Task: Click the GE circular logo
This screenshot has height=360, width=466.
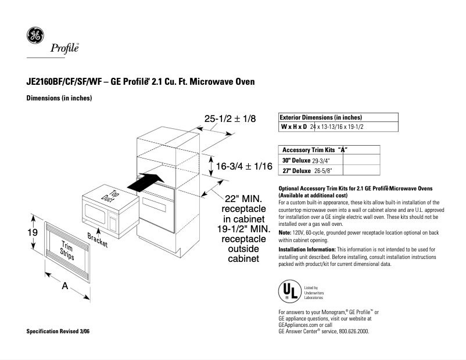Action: coord(34,35)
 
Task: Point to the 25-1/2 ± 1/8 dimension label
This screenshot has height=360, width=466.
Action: coord(230,118)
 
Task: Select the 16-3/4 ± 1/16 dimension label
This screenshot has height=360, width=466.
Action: coord(244,167)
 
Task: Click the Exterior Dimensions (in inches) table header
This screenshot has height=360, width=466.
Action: coord(321,117)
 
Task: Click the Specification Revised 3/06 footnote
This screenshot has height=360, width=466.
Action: coord(58,331)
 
